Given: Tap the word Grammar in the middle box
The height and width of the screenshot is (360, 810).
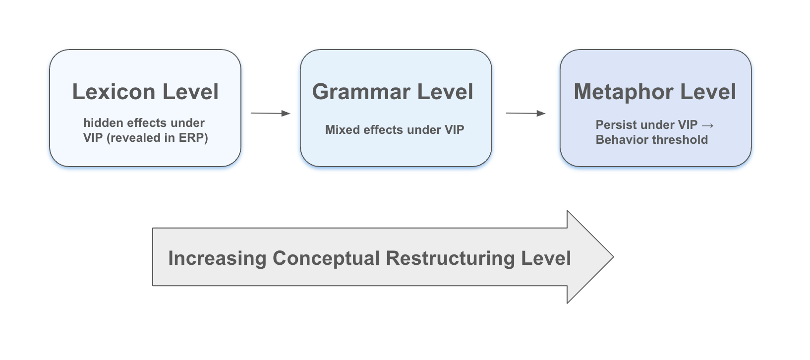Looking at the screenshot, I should [361, 92].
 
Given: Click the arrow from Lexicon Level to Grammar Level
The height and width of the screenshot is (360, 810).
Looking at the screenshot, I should [270, 114].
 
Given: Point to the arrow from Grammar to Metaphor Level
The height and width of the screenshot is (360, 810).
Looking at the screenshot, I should [525, 114].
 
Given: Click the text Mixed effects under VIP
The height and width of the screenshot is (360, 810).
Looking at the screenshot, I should [395, 130].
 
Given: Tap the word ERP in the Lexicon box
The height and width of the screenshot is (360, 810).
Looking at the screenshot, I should [190, 138].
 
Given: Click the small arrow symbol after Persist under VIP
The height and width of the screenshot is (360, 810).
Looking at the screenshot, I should [708, 125].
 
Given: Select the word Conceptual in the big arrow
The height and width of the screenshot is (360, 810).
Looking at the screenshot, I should [326, 258].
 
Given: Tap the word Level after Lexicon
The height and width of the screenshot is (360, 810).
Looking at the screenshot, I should [190, 92].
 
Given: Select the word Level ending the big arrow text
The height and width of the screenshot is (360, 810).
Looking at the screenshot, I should [546, 258].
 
